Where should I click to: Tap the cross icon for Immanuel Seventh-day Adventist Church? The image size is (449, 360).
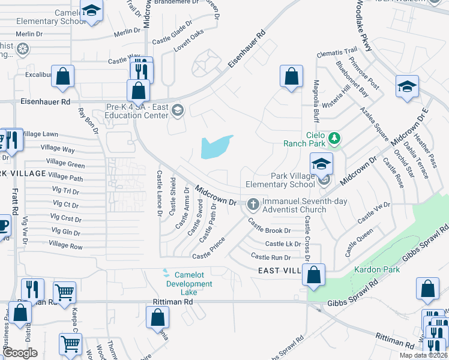coord(253,205)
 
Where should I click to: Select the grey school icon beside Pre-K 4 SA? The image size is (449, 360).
coord(177,110)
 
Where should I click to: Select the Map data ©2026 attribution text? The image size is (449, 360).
coord(423,355)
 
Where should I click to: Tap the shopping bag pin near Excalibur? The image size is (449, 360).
coord(62,76)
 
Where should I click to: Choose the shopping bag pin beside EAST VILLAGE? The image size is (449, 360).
coord(314,275)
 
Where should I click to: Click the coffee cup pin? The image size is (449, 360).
coord(3,226)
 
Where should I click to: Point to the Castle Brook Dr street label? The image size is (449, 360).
coord(270,230)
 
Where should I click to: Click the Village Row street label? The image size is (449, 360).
coord(66,245)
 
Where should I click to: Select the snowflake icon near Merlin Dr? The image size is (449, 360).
coord(23,48)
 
